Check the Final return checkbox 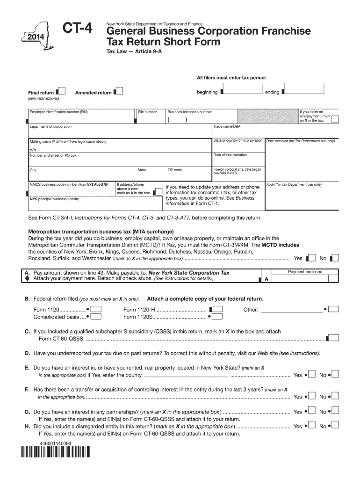(61, 91)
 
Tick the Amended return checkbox (119, 91)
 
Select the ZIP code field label (174, 170)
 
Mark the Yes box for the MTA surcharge (310, 258)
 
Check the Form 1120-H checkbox (216, 309)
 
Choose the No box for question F (335, 397)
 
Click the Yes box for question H (310, 426)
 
